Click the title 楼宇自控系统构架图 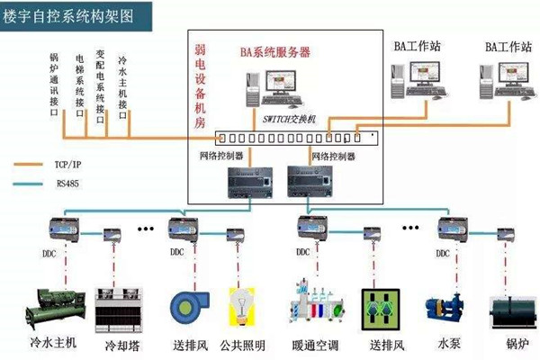(66, 15)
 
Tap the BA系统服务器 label (275, 52)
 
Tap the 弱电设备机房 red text (201, 83)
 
